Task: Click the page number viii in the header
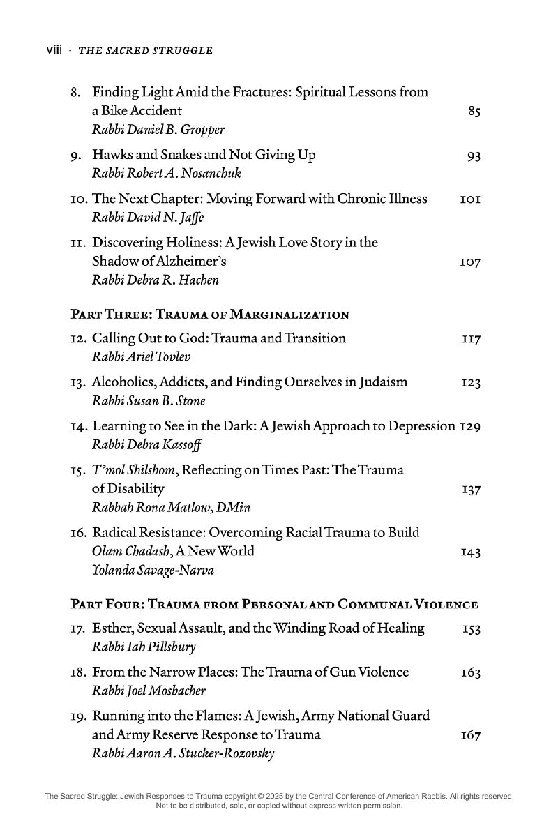[54, 50]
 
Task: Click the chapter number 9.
[78, 156]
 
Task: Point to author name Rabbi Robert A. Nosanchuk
[157, 174]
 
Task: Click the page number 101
[471, 199]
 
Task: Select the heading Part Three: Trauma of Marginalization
[210, 315]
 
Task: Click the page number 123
[471, 383]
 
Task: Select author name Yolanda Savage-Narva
[153, 570]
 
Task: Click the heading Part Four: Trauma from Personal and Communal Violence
[275, 604]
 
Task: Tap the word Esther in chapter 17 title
[112, 628]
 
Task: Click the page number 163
[471, 673]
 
